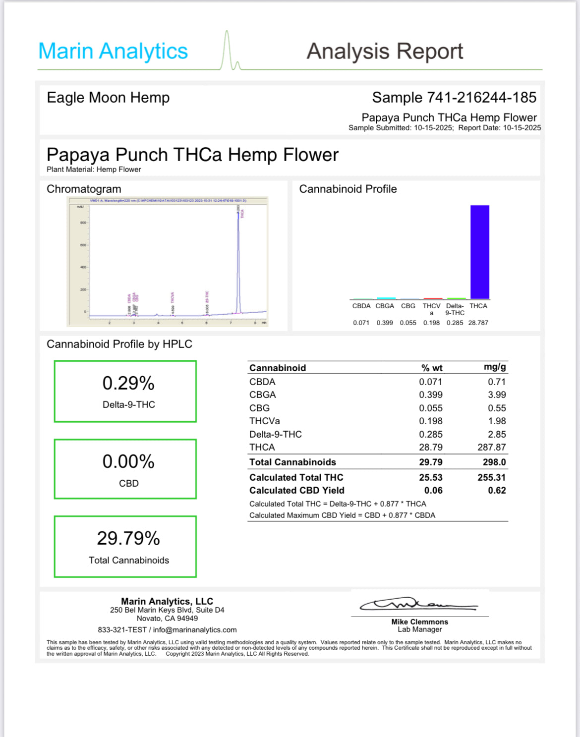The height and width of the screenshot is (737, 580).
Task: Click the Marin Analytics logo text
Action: (x=113, y=51)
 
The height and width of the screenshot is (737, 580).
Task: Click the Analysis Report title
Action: (x=385, y=51)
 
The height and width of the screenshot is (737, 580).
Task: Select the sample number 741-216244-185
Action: (x=479, y=98)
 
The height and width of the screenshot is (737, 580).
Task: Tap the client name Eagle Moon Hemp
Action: (x=108, y=98)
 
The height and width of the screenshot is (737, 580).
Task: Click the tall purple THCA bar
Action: (x=479, y=252)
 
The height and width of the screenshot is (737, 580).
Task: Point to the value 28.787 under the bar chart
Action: (x=478, y=323)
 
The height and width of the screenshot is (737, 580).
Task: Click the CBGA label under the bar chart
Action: (x=385, y=306)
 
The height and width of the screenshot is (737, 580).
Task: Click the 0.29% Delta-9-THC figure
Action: (x=128, y=383)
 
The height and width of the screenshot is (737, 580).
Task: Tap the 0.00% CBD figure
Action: (x=128, y=461)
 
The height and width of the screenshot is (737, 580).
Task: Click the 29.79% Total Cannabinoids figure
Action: (x=128, y=538)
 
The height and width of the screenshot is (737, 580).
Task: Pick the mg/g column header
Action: (x=495, y=367)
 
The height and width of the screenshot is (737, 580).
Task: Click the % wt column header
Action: (x=432, y=368)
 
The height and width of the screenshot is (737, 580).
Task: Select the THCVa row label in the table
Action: (x=265, y=421)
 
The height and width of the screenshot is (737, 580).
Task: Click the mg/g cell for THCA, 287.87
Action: (x=492, y=447)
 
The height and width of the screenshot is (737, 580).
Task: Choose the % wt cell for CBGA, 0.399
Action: (x=431, y=395)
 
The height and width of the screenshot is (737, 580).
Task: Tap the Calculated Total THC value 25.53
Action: (x=431, y=477)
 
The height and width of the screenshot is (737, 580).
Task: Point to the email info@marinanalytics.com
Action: (x=195, y=630)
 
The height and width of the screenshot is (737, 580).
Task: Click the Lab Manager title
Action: (x=419, y=629)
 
